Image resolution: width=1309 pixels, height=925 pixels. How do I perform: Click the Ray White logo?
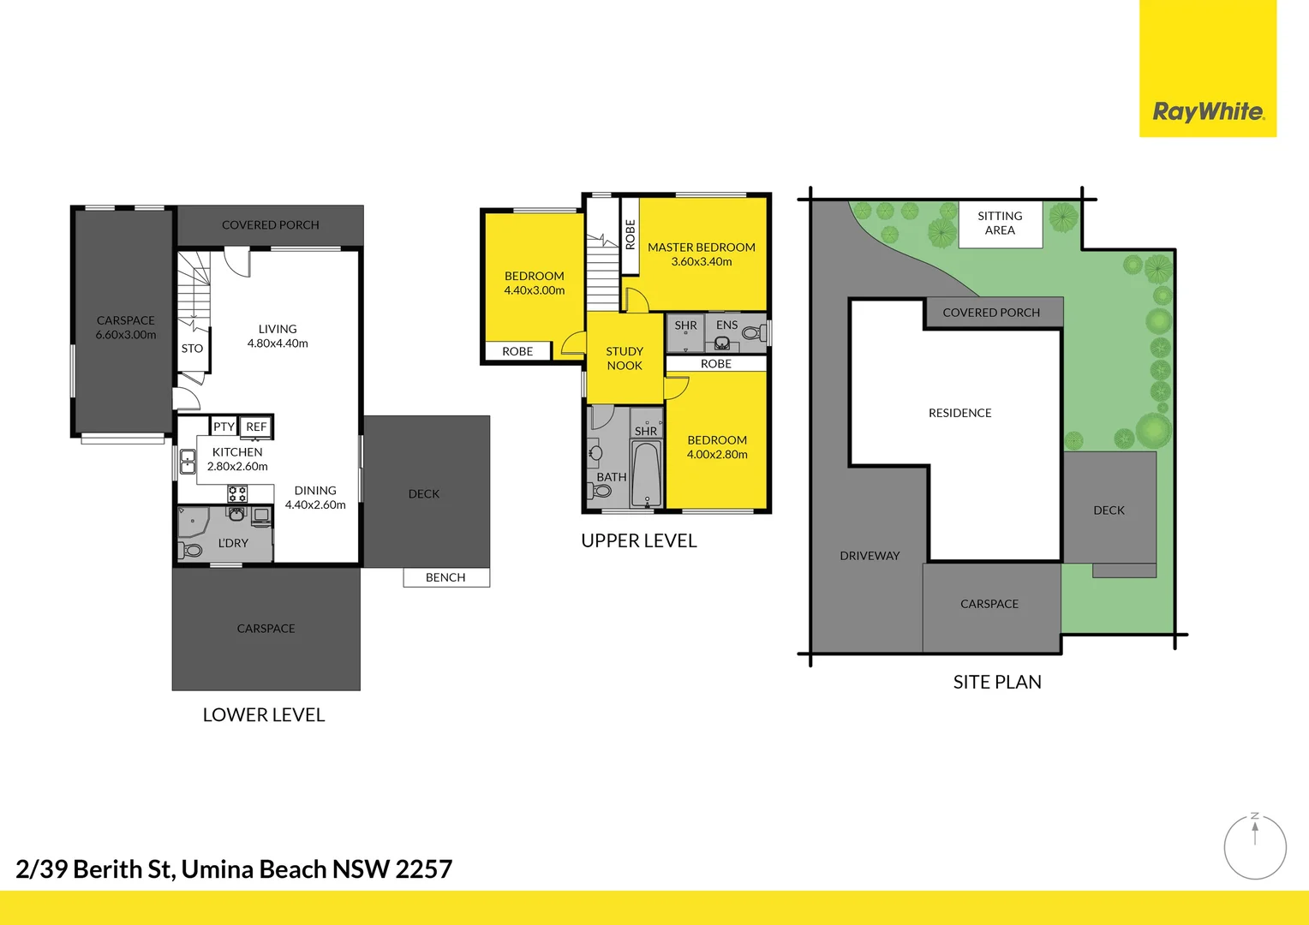(x=1207, y=111)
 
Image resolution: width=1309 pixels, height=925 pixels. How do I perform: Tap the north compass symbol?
(x=1255, y=847)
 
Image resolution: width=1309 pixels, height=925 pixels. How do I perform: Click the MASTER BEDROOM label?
(x=701, y=248)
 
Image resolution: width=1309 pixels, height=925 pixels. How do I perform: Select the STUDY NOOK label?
(x=625, y=358)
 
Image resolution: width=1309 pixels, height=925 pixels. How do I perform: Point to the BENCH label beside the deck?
(x=445, y=578)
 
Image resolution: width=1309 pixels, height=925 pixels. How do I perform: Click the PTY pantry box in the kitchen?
(x=224, y=427)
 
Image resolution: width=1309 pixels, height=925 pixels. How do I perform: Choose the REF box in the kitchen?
(x=256, y=427)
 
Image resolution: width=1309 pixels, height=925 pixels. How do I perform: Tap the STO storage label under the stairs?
(x=192, y=349)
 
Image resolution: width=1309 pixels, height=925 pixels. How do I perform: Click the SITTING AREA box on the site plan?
(x=1000, y=224)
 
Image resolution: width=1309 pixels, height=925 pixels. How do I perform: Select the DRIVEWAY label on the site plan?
(x=870, y=556)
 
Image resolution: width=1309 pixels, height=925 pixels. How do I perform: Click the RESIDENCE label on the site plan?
(x=959, y=413)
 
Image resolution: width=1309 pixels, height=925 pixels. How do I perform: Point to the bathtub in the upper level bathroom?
(x=647, y=474)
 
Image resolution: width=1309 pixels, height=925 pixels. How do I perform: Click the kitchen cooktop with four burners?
(x=237, y=494)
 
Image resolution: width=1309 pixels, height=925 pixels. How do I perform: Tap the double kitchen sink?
(x=188, y=462)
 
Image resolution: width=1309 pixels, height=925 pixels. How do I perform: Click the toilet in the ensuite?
(x=752, y=333)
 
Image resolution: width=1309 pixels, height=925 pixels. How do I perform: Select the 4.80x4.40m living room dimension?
(x=278, y=343)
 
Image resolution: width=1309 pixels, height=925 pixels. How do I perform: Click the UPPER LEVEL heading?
(x=638, y=541)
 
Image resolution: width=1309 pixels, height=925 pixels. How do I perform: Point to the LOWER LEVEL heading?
(x=263, y=715)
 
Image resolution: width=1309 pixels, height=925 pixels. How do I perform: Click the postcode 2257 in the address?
(x=423, y=869)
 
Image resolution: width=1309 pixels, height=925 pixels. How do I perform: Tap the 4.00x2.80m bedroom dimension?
(x=717, y=455)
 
